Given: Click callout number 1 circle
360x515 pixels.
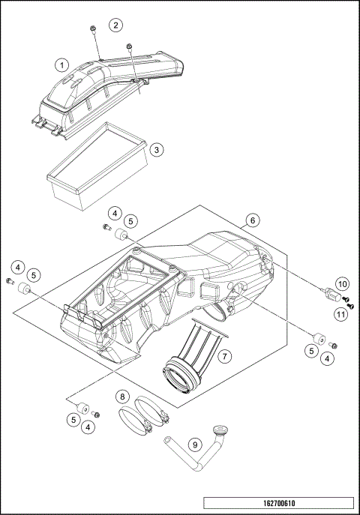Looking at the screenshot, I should (x=64, y=65).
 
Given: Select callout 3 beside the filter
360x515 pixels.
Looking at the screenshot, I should (x=155, y=149).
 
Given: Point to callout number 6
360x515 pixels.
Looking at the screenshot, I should (x=253, y=220).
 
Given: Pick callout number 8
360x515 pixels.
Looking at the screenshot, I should (x=122, y=395).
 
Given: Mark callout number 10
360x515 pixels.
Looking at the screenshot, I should (x=342, y=284).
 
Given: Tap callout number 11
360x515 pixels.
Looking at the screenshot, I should (x=341, y=314).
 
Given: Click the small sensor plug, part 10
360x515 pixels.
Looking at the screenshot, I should (x=327, y=294).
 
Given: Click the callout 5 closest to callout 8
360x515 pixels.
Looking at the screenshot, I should (x=74, y=420).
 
